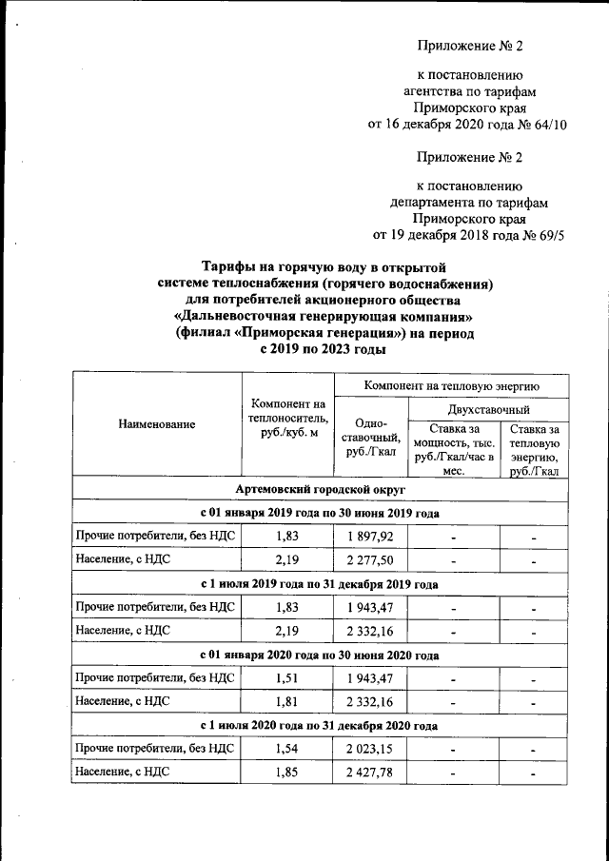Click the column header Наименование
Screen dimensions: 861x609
pyautogui.click(x=157, y=425)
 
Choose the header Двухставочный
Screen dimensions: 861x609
pyautogui.click(x=488, y=408)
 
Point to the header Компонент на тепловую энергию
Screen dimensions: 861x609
pyautogui.click(x=452, y=385)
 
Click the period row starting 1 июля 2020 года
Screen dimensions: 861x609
pyautogui.click(x=319, y=726)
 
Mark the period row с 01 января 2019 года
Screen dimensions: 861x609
pyautogui.click(x=319, y=514)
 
